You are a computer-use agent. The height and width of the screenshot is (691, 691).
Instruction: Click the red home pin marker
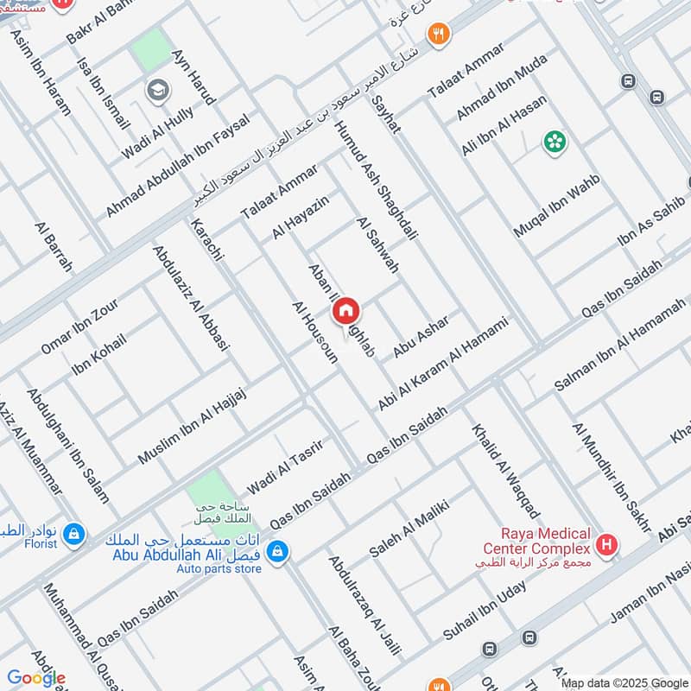pos(345,311)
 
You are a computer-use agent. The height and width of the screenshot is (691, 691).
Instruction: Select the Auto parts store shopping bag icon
pos(277,549)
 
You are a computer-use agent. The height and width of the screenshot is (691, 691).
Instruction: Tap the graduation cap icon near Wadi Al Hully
pos(157,90)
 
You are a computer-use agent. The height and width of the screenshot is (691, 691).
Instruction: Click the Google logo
pos(36,678)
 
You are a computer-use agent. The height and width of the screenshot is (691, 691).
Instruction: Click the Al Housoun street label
pos(314,333)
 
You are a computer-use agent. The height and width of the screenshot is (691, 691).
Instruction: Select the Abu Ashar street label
pos(422,336)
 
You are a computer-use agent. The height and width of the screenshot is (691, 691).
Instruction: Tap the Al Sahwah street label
pos(377,245)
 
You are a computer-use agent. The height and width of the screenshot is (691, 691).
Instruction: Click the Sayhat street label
pos(385,114)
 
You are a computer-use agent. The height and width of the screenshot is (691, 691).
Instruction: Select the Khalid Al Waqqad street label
pos(505,471)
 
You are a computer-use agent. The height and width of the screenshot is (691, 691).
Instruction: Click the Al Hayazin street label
pos(301,218)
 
